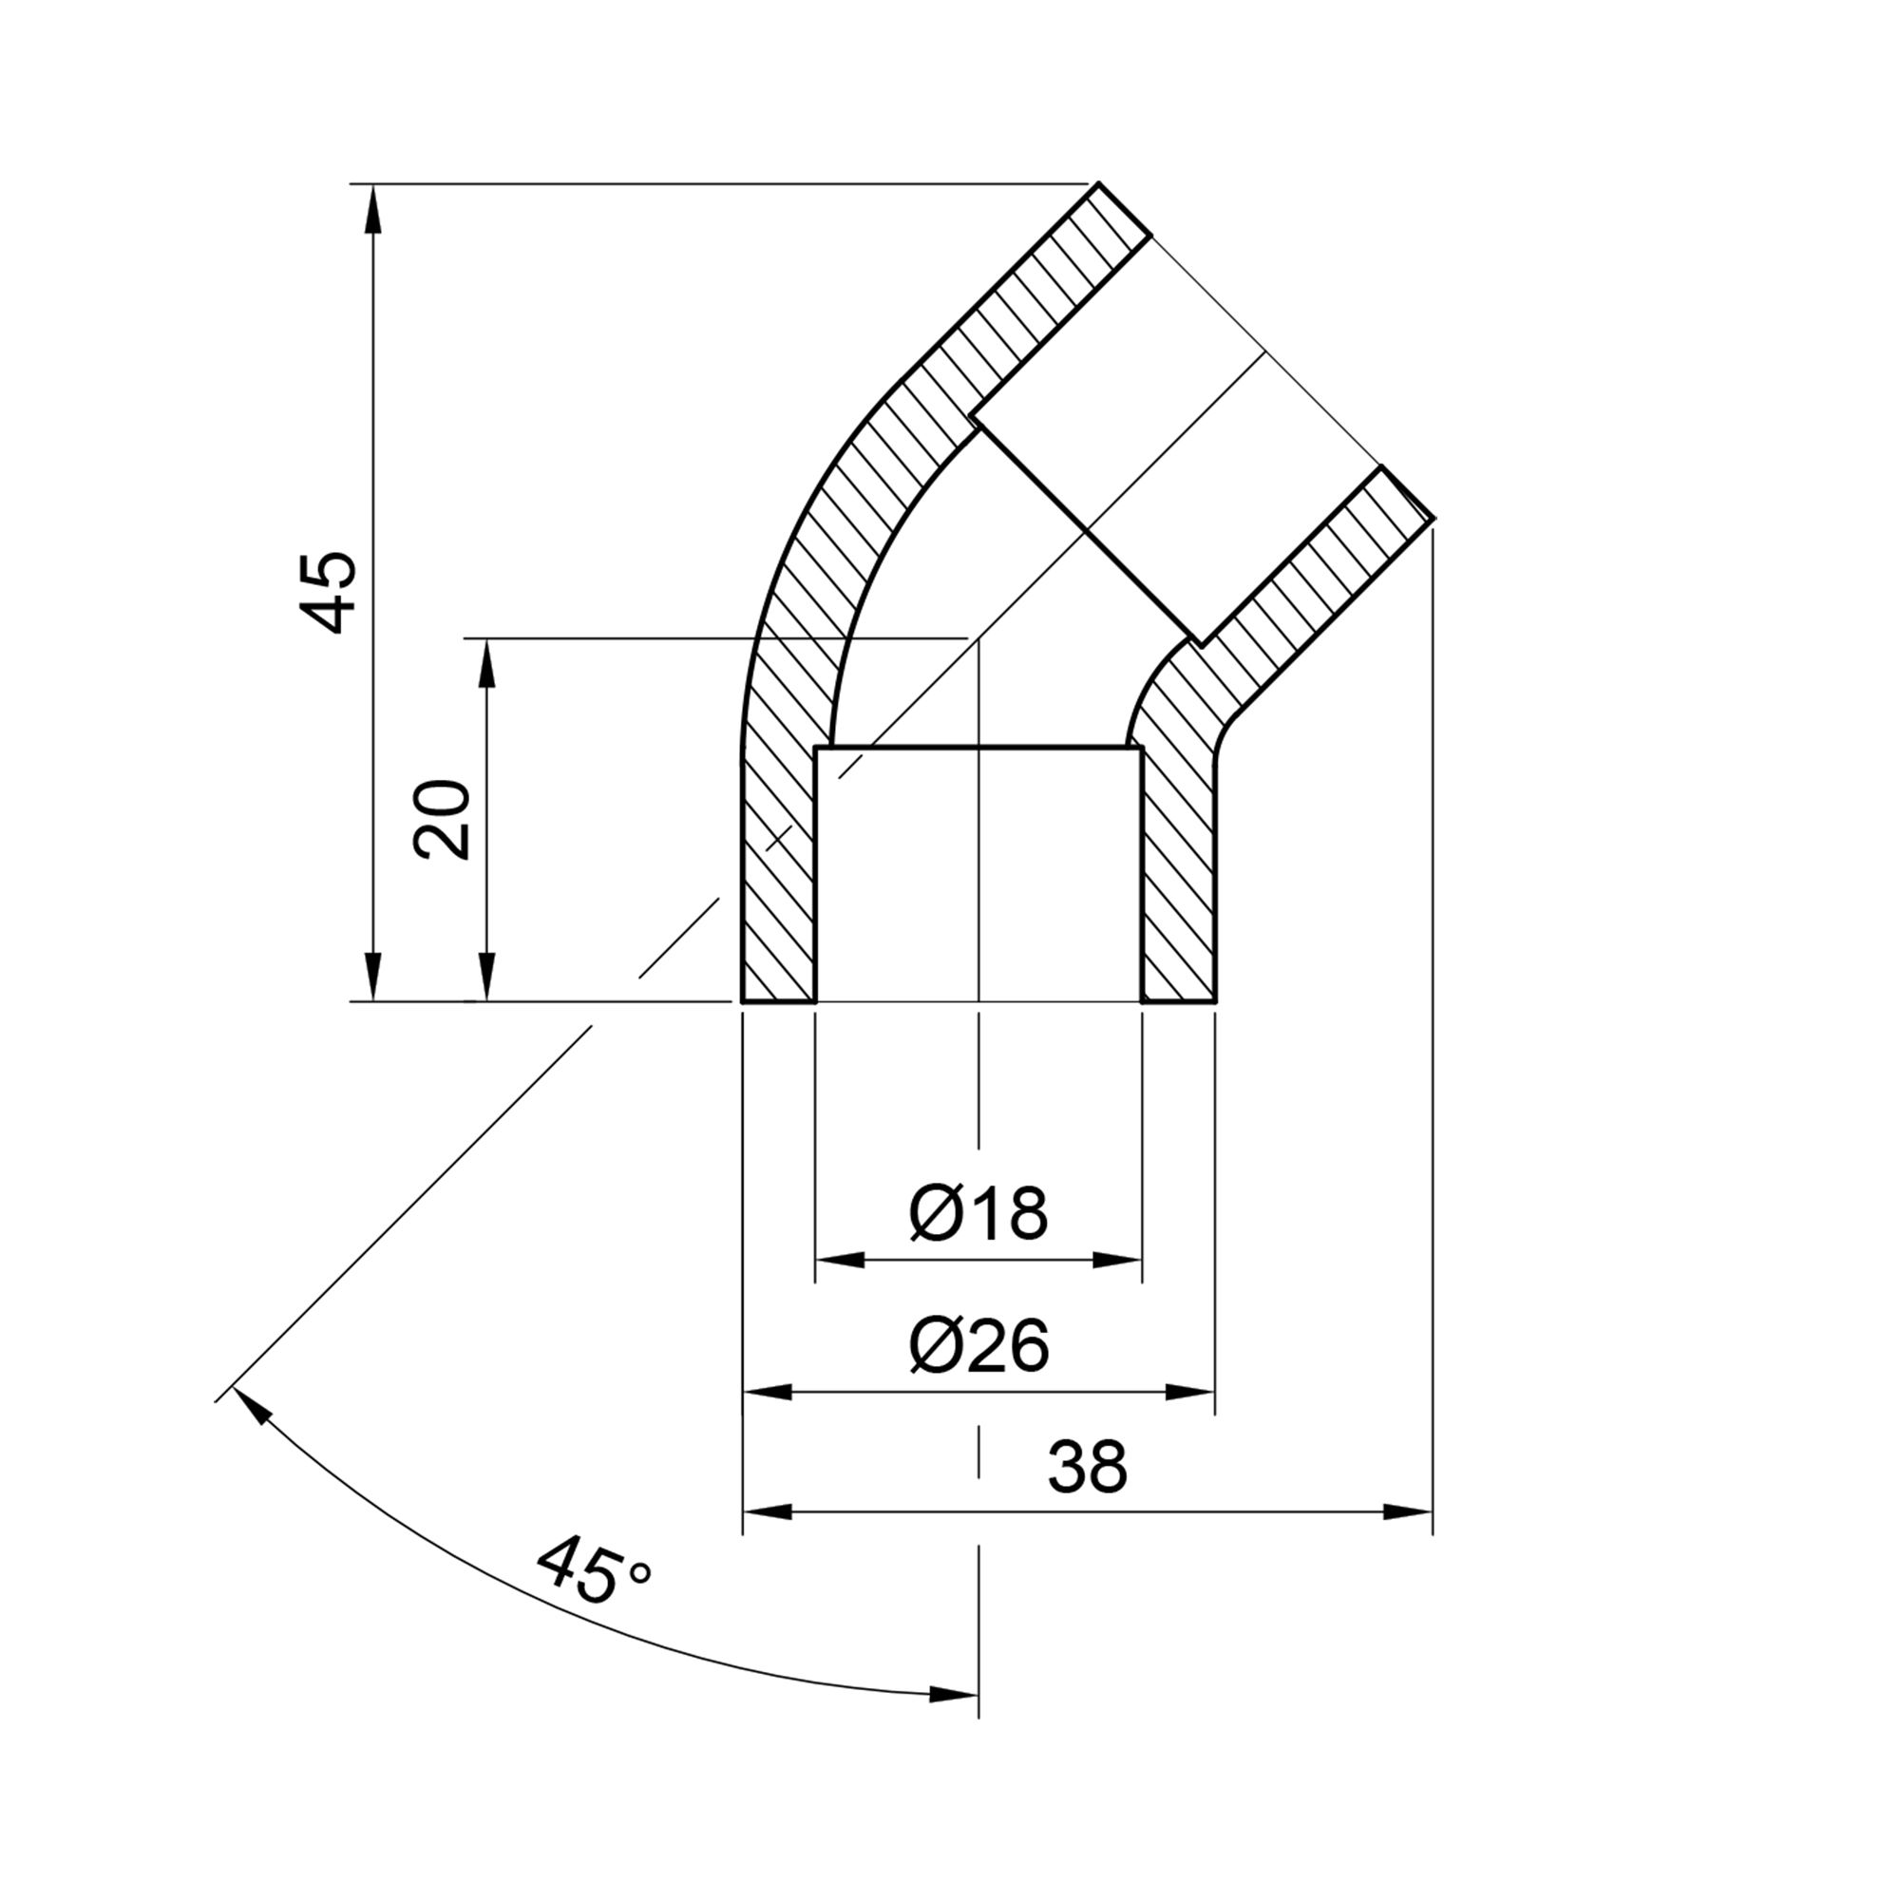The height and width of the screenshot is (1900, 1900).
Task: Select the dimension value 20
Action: pyautogui.click(x=443, y=819)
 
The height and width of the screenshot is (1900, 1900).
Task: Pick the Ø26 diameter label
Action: pyautogui.click(x=978, y=1346)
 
